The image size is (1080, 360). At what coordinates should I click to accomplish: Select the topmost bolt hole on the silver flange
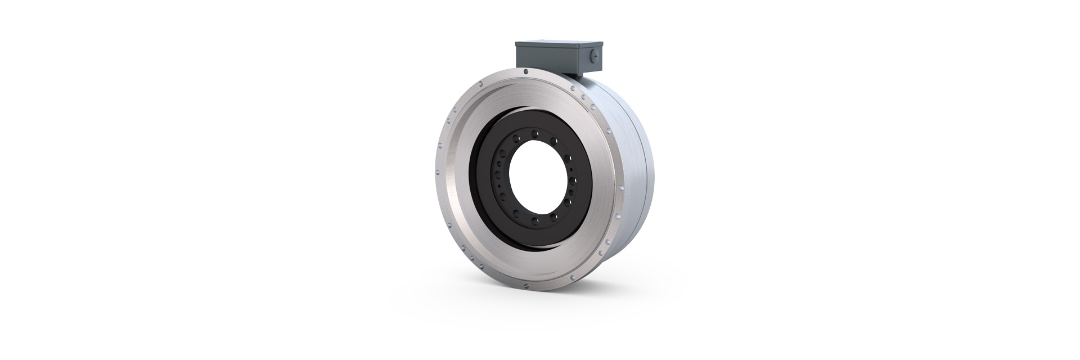click(x=525, y=72)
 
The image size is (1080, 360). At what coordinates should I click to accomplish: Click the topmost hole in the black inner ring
click(x=535, y=133)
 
